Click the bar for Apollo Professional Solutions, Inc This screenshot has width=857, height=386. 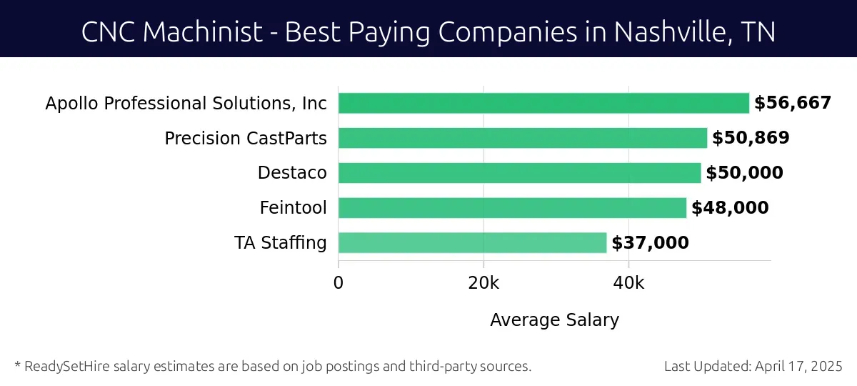click(543, 103)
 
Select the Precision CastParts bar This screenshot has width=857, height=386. click(523, 138)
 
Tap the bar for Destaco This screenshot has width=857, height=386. click(519, 173)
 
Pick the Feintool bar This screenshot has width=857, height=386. click(512, 208)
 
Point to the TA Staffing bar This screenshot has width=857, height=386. click(472, 243)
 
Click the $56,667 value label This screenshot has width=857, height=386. click(793, 103)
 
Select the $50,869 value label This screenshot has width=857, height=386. click(751, 138)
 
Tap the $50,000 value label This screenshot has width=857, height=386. click(744, 173)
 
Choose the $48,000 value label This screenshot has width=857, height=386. click(730, 208)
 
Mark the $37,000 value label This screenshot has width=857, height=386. click(650, 243)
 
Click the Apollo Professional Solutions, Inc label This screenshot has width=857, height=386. click(186, 103)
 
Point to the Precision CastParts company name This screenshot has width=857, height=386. click(246, 138)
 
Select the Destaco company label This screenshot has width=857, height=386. click(292, 173)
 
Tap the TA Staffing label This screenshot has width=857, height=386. click(280, 243)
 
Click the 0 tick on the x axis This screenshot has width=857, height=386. click(339, 282)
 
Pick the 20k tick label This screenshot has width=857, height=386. click(483, 282)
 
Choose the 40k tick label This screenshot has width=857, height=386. click(628, 282)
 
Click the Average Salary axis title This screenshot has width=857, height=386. click(554, 320)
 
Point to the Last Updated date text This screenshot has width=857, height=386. click(753, 367)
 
